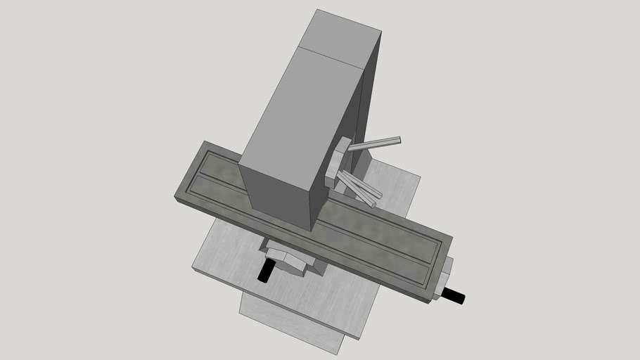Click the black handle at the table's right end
click(x=455, y=297)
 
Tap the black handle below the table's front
click(x=267, y=271)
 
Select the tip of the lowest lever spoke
click(x=373, y=205)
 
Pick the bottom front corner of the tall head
click(x=311, y=230)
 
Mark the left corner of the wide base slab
click(x=195, y=266)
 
